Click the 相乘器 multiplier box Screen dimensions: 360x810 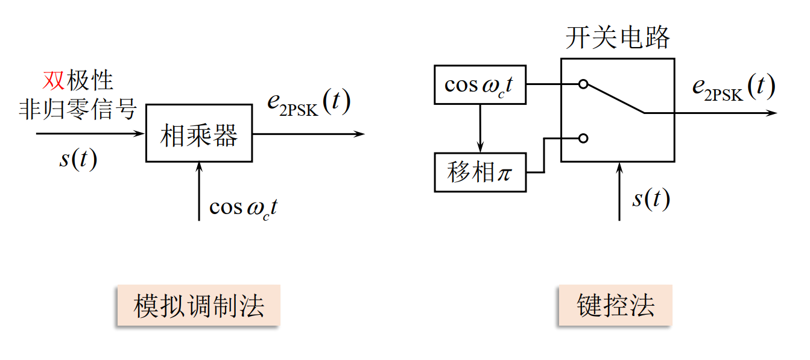(198, 133)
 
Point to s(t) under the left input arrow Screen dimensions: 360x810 (78, 160)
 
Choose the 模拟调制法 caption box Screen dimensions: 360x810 (198, 306)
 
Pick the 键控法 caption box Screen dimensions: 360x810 (615, 306)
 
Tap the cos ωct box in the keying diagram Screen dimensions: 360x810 (480, 85)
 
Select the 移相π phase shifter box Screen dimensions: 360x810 (480, 172)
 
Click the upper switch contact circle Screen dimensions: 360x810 (583, 84)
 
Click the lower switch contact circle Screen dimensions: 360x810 (583, 139)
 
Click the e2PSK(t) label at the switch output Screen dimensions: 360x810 (733, 88)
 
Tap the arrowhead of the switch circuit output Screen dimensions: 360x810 (773, 113)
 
